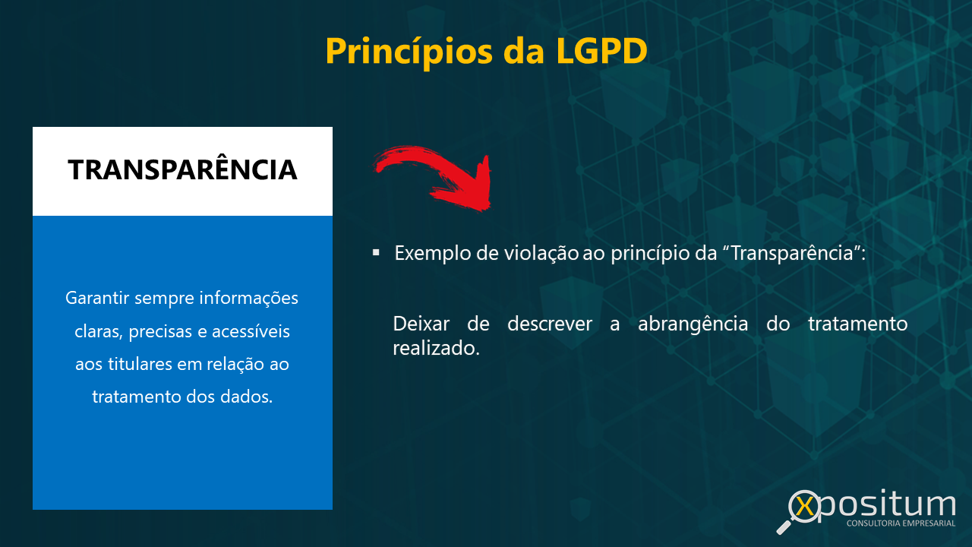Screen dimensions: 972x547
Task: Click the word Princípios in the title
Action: (x=409, y=52)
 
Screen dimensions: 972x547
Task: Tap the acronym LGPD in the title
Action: (x=601, y=51)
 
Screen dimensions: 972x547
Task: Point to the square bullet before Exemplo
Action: (x=376, y=252)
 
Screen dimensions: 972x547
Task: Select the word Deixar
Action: (x=421, y=324)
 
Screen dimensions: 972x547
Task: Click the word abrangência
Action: (x=693, y=324)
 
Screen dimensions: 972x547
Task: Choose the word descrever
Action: (x=549, y=324)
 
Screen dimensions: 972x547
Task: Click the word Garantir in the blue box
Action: (x=98, y=299)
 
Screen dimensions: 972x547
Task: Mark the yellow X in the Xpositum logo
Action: (x=806, y=507)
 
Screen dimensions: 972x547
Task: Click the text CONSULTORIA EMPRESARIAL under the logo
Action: (x=901, y=523)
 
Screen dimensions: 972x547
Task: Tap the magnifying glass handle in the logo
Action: (x=784, y=527)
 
